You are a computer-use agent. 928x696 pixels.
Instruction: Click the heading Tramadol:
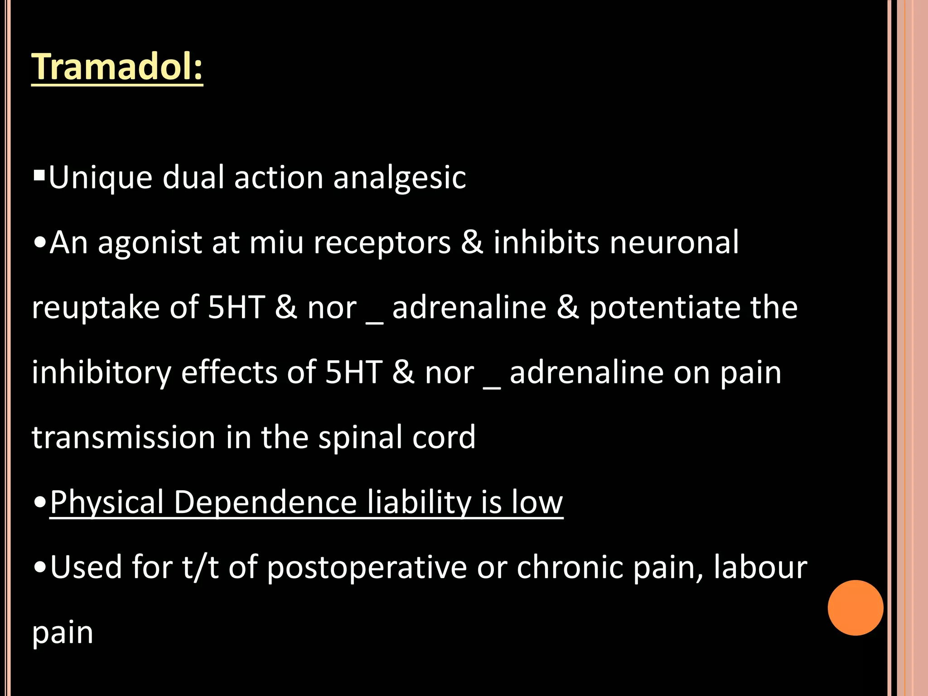coord(117,67)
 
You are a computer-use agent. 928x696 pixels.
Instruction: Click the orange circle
coord(855,608)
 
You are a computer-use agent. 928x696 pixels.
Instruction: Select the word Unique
coord(100,178)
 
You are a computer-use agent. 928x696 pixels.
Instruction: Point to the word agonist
coord(150,243)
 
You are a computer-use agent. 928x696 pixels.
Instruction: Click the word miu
coord(276,243)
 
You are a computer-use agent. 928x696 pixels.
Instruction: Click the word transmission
coord(123,438)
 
